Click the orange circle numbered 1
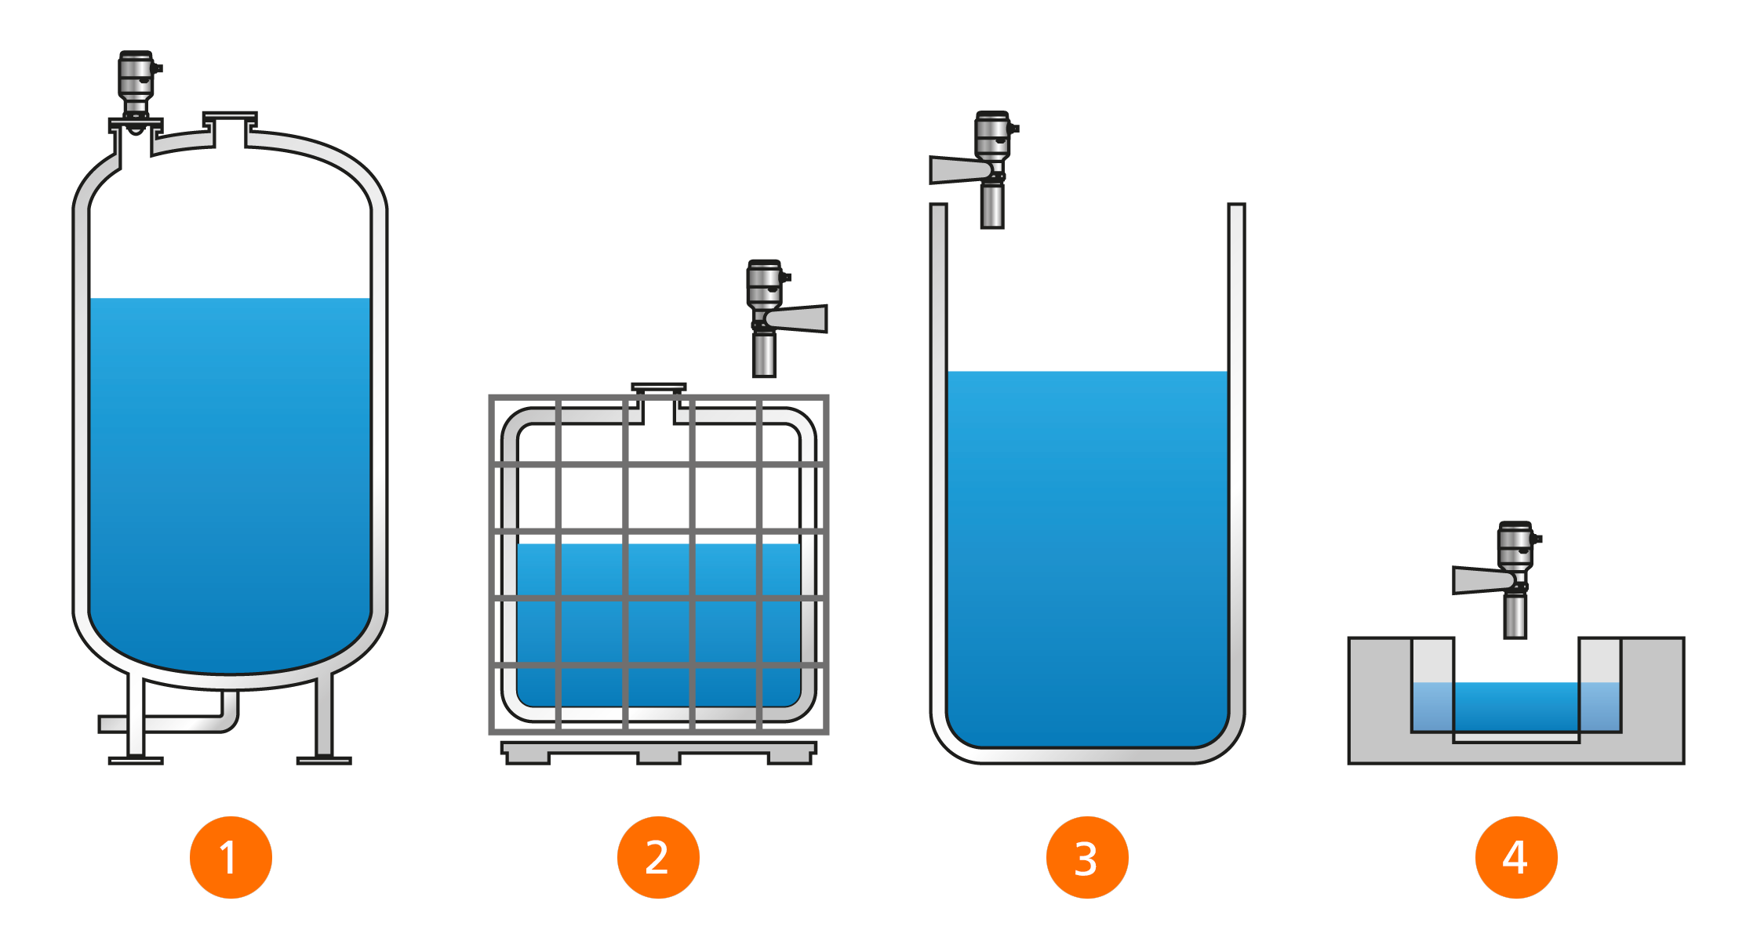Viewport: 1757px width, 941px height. tap(231, 857)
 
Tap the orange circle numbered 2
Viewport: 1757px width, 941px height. tap(658, 857)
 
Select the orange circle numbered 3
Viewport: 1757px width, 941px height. tap(1087, 857)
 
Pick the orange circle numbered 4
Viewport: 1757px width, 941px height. tap(1515, 857)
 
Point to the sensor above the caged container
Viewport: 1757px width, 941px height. tap(764, 290)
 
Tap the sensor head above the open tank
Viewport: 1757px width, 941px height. tap(992, 137)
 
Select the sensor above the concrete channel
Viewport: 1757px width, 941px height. tap(1515, 549)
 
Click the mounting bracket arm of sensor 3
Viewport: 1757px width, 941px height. tap(955, 169)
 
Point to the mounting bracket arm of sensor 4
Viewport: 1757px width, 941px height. tap(1479, 580)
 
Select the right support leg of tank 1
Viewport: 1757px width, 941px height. tap(324, 718)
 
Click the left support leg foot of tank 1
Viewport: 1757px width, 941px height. tap(136, 760)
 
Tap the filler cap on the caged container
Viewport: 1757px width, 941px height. tap(659, 387)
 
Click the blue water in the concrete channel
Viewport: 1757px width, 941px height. tap(1515, 706)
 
